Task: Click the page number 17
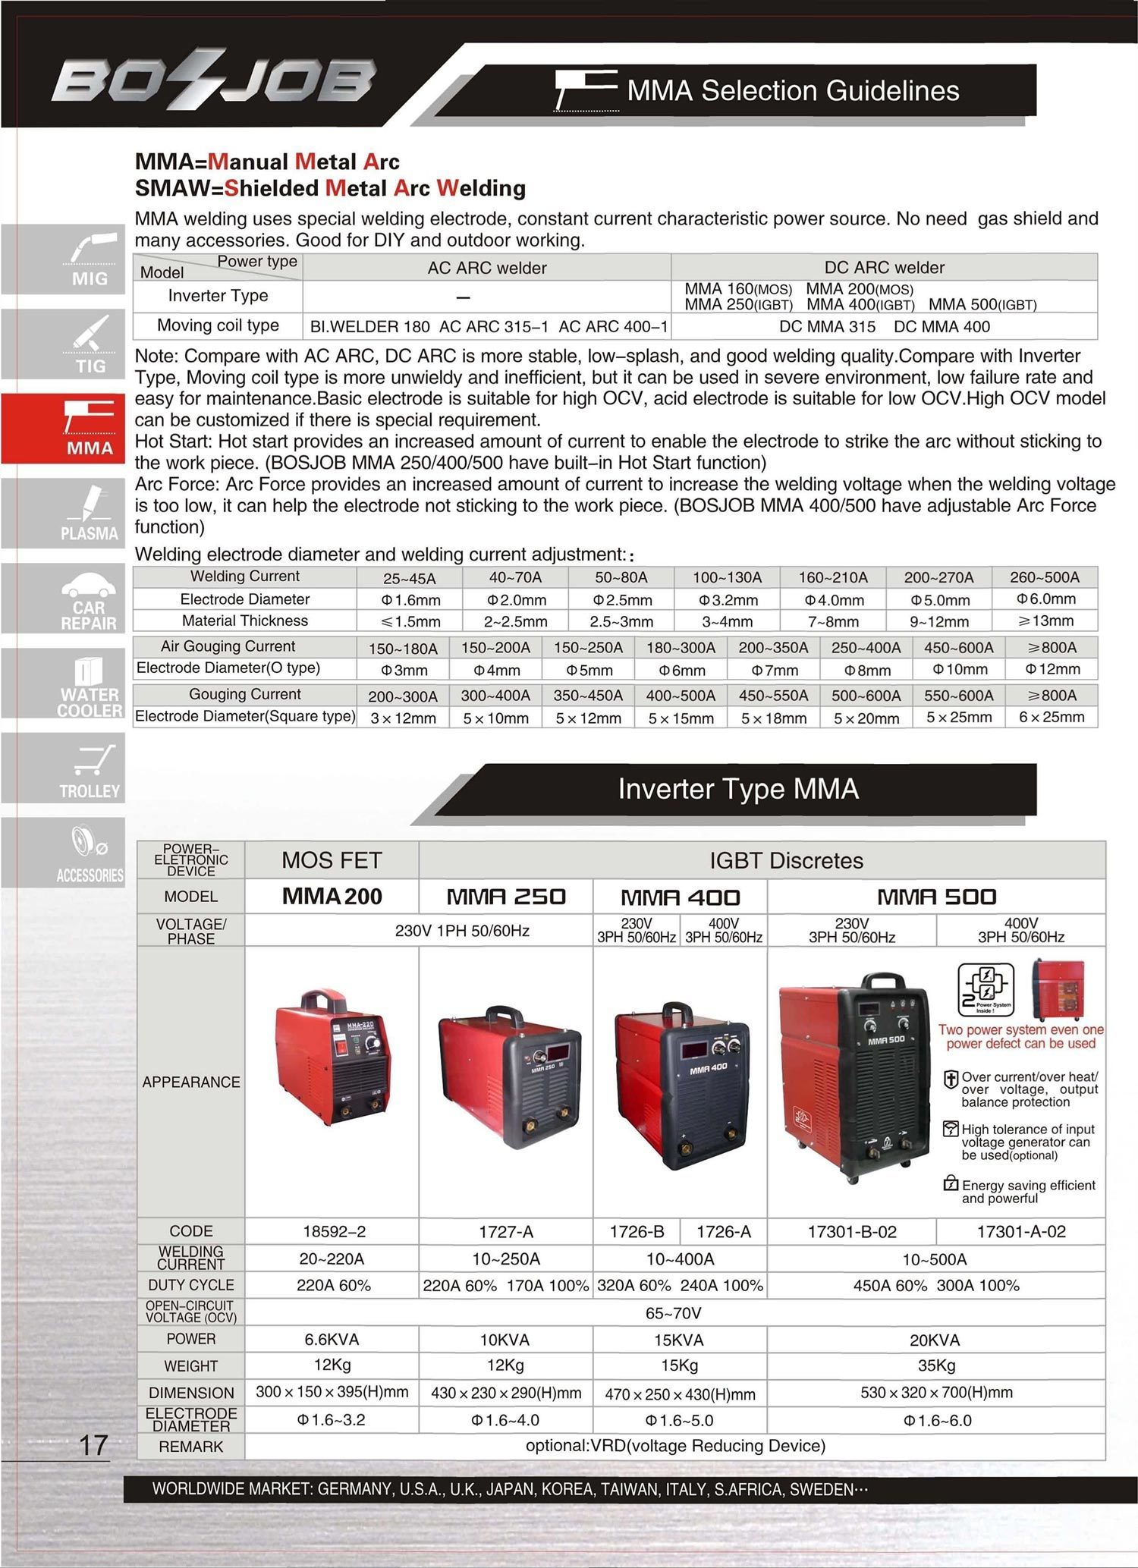(x=93, y=1445)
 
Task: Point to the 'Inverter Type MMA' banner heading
(x=737, y=789)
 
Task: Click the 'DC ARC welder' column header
(x=884, y=268)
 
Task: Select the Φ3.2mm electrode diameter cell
(x=728, y=600)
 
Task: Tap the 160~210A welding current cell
(x=833, y=577)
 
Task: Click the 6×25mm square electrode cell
(x=1052, y=717)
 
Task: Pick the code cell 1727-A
(x=505, y=1232)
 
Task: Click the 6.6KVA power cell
(x=332, y=1340)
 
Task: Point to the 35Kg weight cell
(x=936, y=1365)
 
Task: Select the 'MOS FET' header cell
(x=332, y=860)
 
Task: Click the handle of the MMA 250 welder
(x=503, y=1017)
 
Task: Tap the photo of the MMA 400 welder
(x=681, y=1085)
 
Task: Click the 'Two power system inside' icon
(x=985, y=989)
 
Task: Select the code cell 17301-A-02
(x=1020, y=1232)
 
